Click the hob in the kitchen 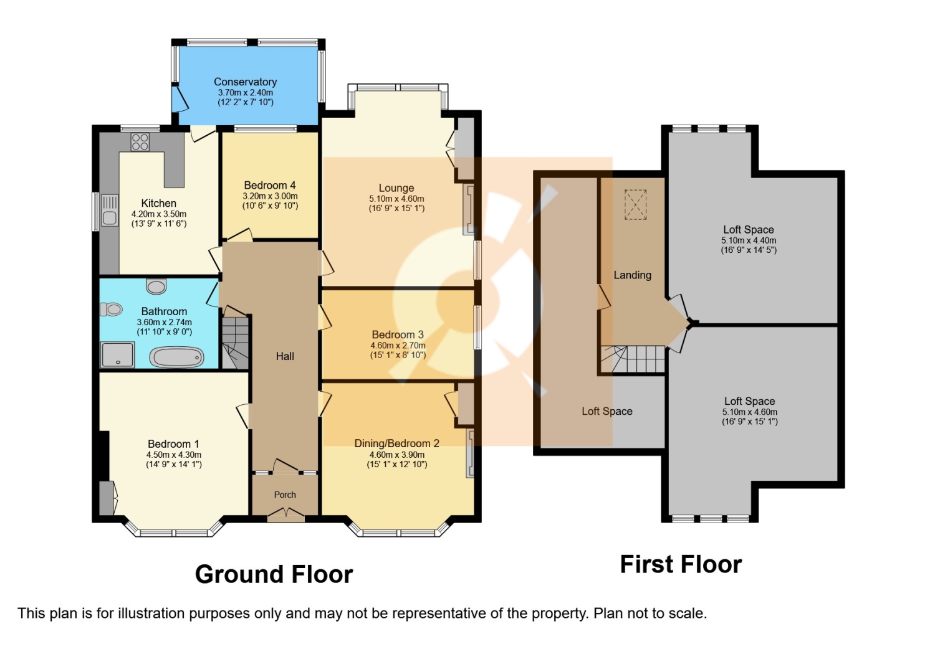pyautogui.click(x=140, y=141)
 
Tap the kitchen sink pyautogui.click(x=109, y=211)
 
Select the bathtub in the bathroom pyautogui.click(x=176, y=358)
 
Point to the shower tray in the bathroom pyautogui.click(x=117, y=354)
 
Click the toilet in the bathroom pyautogui.click(x=111, y=310)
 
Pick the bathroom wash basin pyautogui.click(x=156, y=286)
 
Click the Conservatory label pyautogui.click(x=246, y=82)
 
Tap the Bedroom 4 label pyautogui.click(x=270, y=185)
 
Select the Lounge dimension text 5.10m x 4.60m pyautogui.click(x=396, y=199)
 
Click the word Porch pyautogui.click(x=285, y=495)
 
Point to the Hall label pyautogui.click(x=285, y=356)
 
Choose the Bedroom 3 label pyautogui.click(x=398, y=334)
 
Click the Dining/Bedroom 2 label pyautogui.click(x=397, y=443)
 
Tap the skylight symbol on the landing pyautogui.click(x=635, y=204)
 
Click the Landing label pyautogui.click(x=633, y=275)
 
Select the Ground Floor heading pyautogui.click(x=274, y=574)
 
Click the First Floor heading pyautogui.click(x=681, y=565)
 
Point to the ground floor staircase pyautogui.click(x=236, y=343)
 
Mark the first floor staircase pyautogui.click(x=633, y=359)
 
